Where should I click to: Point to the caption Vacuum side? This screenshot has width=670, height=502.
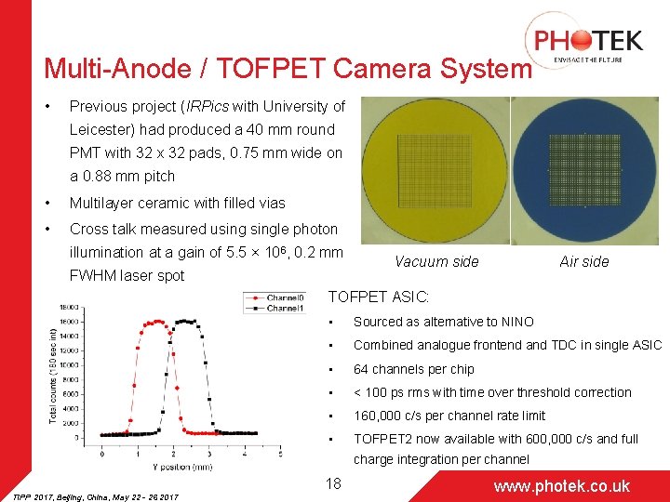pos(436,262)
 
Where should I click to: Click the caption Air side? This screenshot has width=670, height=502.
pos(583,262)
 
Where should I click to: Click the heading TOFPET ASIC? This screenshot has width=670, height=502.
pos(379,297)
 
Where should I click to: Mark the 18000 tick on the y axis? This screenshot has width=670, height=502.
pos(73,307)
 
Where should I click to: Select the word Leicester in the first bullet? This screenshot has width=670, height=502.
pos(102,130)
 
